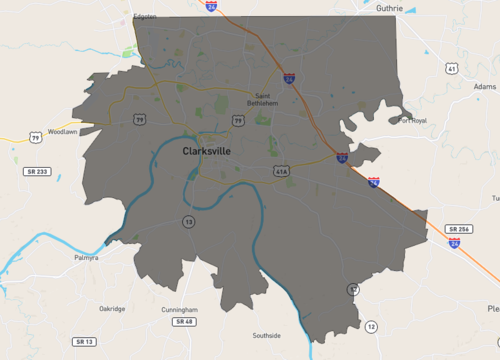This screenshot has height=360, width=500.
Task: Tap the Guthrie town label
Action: point(389,8)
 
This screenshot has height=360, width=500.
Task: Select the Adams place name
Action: point(484,87)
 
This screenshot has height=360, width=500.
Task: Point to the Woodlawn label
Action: point(62,131)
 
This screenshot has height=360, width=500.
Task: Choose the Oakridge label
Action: point(112,309)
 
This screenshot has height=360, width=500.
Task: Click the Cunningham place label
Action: point(179,310)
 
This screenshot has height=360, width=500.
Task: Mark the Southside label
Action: point(267,335)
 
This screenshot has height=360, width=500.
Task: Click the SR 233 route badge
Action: point(37,172)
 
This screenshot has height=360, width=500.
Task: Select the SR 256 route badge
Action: point(459,229)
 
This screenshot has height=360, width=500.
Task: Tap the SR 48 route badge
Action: point(184,322)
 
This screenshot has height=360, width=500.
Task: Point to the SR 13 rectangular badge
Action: point(84,342)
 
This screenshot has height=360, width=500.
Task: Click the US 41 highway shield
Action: point(452,69)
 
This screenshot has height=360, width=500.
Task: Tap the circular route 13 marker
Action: point(188,221)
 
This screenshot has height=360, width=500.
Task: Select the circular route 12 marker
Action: point(372,327)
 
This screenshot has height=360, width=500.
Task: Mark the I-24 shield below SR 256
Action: point(455,243)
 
